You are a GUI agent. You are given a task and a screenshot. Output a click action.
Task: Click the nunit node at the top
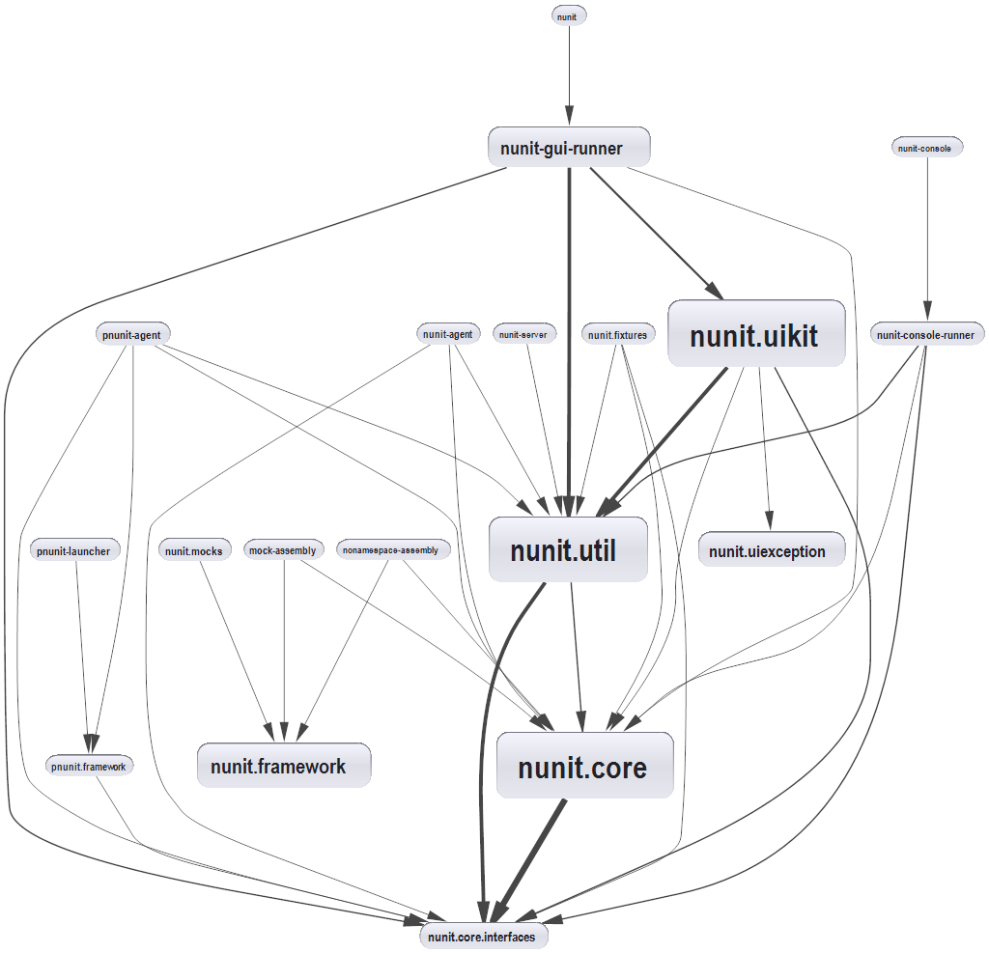point(569,15)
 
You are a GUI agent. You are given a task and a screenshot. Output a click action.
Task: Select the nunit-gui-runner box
point(569,148)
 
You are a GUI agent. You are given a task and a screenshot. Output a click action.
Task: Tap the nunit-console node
point(925,148)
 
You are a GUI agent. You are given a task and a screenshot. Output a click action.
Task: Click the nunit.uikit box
point(756,334)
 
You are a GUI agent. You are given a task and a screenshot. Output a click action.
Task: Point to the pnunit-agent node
point(132,335)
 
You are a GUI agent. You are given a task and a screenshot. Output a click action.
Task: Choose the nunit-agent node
point(448,335)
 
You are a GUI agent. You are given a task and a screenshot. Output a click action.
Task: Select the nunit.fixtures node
point(617,335)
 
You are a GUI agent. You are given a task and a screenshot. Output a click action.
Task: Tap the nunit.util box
point(567,549)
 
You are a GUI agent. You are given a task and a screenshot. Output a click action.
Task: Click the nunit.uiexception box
point(770,550)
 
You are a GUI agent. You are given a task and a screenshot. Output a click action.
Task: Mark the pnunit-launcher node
point(73,550)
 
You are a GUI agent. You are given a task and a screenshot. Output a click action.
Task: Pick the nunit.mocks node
point(194,550)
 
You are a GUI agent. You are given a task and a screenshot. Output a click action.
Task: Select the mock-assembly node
point(282,550)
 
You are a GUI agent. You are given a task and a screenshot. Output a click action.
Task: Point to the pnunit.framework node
point(89,766)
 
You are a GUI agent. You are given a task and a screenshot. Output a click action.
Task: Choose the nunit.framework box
point(284,766)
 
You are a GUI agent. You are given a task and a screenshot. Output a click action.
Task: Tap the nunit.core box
point(584,766)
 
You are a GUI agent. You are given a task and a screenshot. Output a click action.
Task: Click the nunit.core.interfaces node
point(483,936)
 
